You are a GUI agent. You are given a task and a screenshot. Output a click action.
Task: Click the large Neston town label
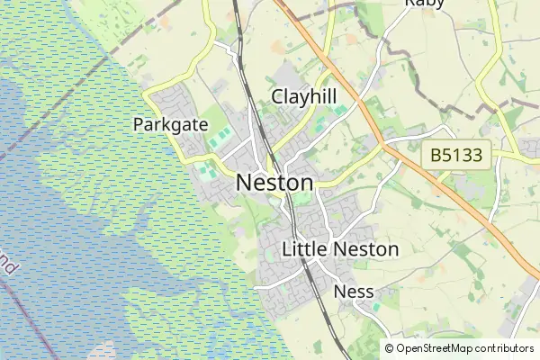coord(274,183)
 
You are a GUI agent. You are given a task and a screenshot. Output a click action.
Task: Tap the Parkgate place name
coord(171,124)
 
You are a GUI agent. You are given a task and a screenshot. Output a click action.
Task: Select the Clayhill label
coord(305,96)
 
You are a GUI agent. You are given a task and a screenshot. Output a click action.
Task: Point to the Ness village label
coord(353,292)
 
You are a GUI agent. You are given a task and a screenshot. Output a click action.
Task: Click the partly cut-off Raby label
coord(426,4)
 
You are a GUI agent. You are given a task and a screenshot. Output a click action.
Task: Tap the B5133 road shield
coord(456,155)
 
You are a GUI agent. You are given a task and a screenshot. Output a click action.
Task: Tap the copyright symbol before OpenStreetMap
coord(389,348)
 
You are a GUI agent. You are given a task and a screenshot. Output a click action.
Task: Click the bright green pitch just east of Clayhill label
coord(339,111)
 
